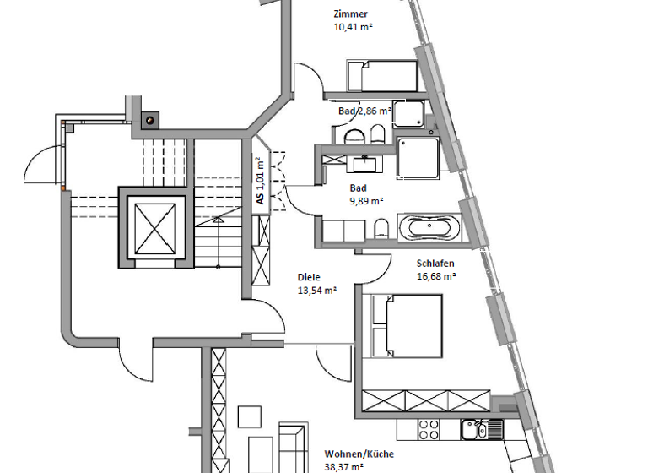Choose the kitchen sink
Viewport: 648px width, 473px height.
472,430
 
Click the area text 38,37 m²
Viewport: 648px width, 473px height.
343,465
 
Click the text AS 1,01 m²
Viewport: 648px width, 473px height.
260,181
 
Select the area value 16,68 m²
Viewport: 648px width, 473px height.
436,275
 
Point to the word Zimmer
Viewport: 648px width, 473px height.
351,14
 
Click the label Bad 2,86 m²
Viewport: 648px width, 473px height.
364,111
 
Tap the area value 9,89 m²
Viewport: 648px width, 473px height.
366,201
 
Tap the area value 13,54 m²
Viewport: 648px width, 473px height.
317,289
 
